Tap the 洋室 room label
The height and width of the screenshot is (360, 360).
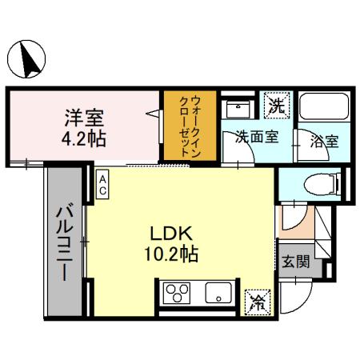point(85,118)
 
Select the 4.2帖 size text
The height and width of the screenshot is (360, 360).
point(85,137)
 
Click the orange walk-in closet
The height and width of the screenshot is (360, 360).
point(187,126)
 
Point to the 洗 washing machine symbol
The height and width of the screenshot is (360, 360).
point(277,105)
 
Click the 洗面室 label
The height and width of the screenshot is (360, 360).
point(256,137)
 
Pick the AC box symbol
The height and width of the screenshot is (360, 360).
point(104,185)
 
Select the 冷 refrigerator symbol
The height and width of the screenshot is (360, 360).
point(258,301)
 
